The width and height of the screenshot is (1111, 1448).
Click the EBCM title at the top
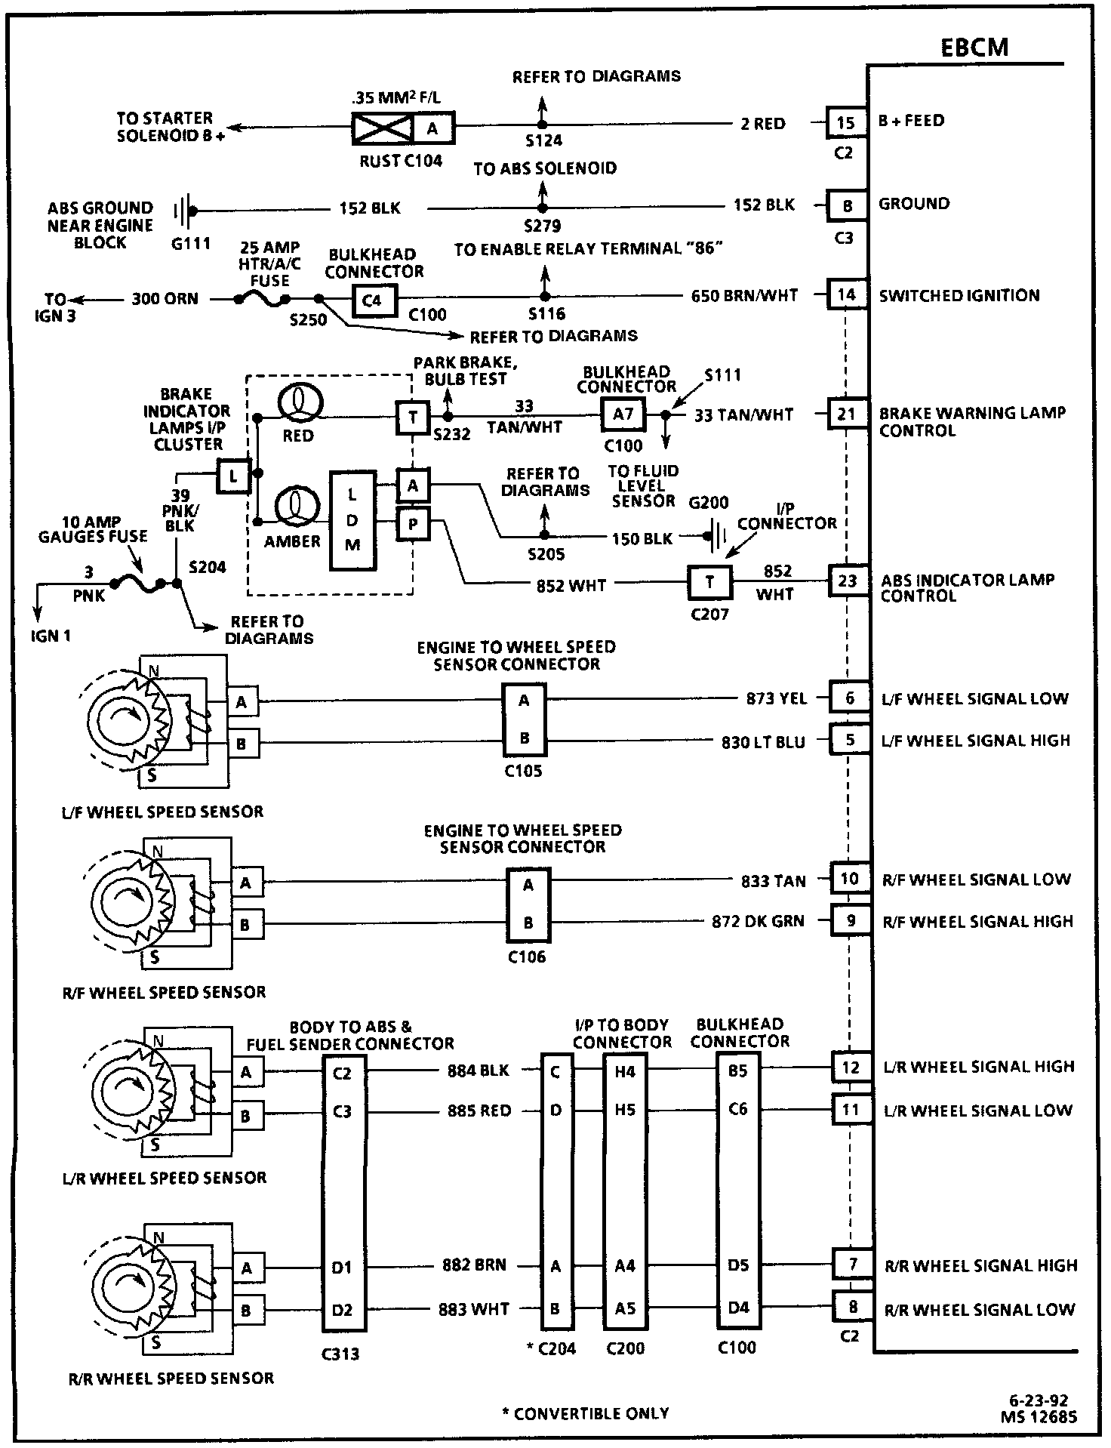974,48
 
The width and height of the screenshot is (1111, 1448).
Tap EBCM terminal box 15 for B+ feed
846,122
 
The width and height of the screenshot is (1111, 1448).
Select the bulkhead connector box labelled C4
372,300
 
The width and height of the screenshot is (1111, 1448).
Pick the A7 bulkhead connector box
623,414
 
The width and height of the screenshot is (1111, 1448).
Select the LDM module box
352,520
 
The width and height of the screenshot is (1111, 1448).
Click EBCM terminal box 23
848,581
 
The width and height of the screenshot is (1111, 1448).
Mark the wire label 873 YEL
776,699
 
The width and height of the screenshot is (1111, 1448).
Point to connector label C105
523,771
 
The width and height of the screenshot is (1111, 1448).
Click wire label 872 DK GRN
758,921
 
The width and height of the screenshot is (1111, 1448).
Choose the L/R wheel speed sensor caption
164,1178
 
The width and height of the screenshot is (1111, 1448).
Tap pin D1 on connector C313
342,1268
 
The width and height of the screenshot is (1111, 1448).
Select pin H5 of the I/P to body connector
625,1111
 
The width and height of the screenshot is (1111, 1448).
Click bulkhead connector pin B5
737,1071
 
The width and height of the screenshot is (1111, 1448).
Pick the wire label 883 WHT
474,1309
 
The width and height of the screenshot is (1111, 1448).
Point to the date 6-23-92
1040,1402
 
